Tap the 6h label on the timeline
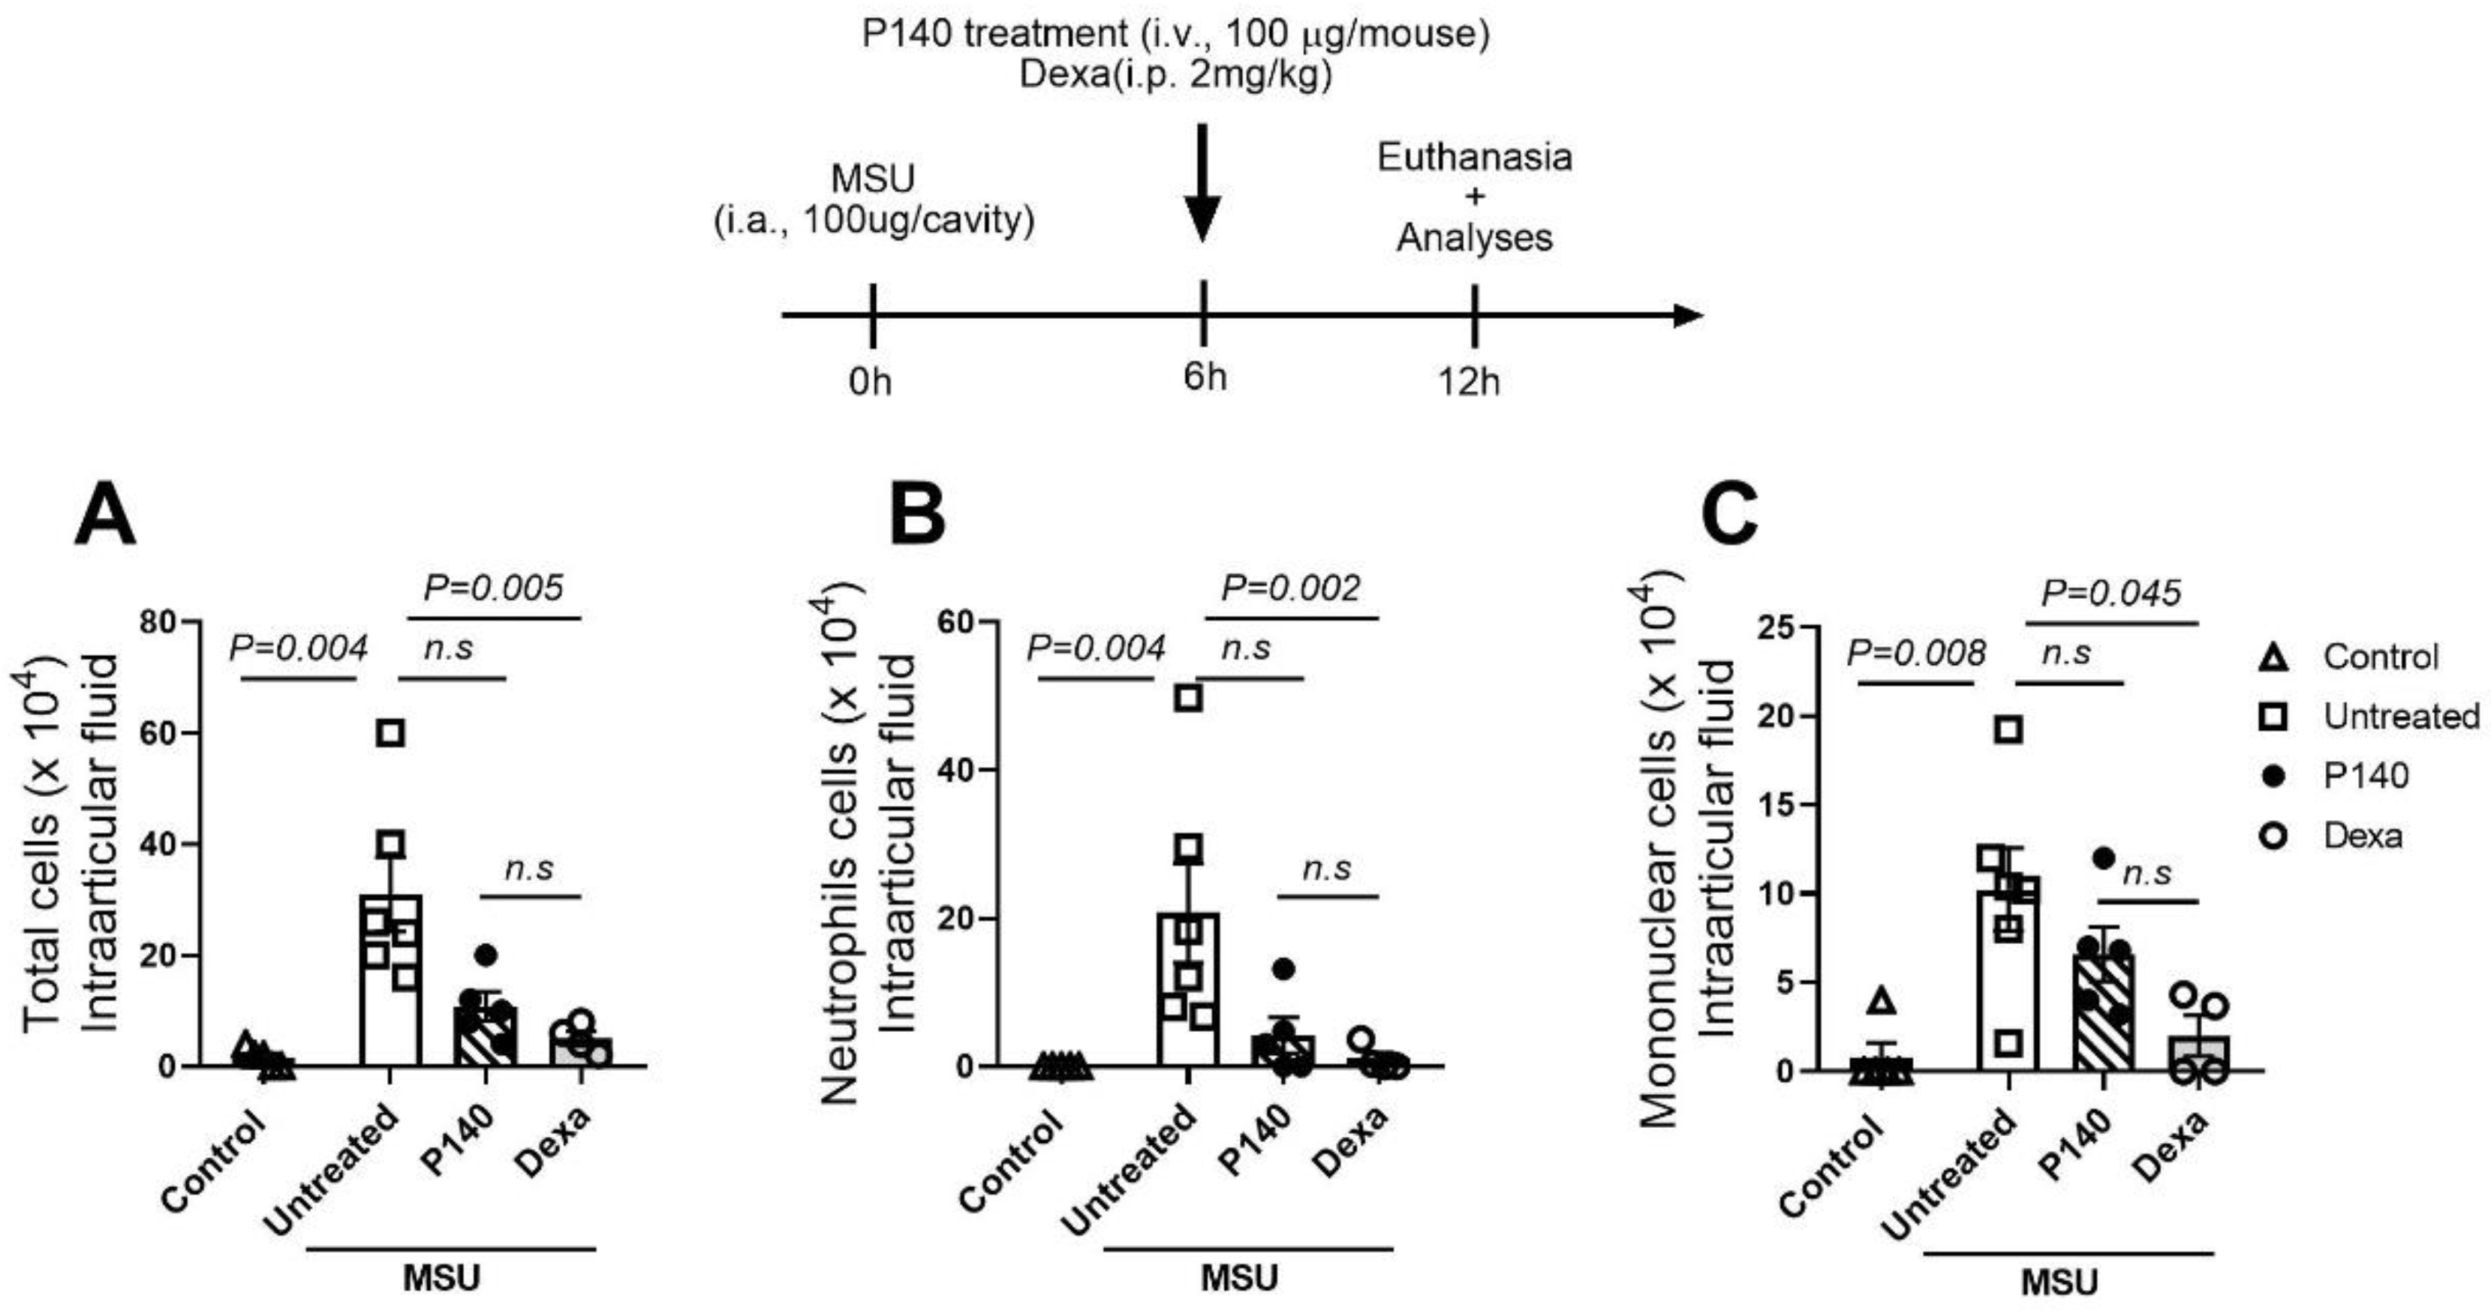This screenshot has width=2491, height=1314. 1204,376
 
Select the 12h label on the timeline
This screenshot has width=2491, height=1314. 1468,383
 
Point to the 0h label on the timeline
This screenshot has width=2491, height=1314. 871,383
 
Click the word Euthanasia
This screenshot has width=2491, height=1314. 1475,157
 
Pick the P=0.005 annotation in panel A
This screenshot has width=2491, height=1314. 493,587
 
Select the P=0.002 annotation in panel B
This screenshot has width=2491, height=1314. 1291,587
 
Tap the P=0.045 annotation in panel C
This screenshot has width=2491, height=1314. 2111,592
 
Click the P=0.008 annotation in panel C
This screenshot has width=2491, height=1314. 1915,654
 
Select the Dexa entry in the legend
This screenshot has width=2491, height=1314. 2363,834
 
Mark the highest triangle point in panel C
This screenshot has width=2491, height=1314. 1882,1001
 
